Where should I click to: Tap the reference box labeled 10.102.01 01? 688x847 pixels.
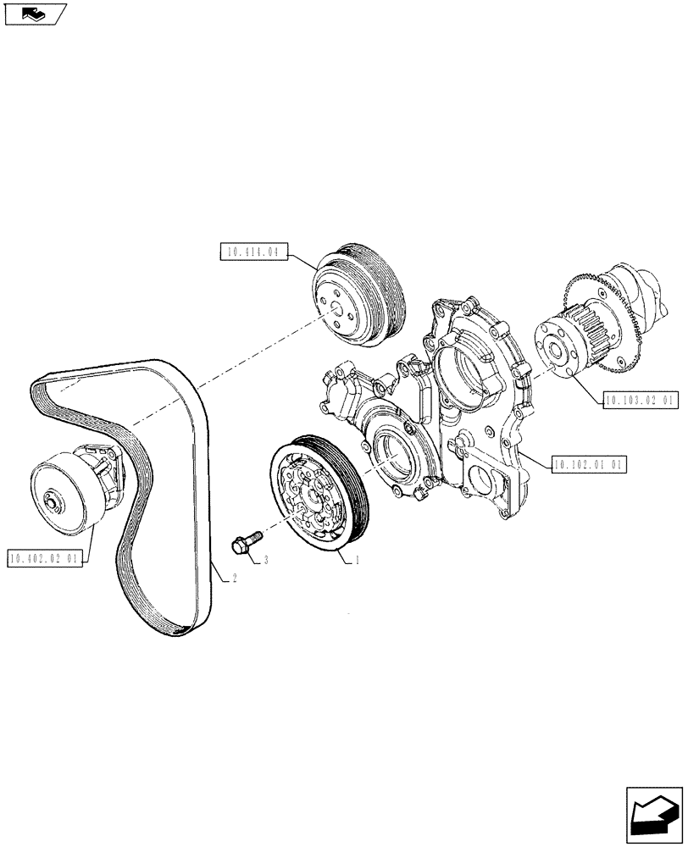589,464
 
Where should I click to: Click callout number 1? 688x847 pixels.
358,561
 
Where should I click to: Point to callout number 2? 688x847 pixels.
233,579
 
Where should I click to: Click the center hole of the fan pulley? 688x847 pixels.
336,310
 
